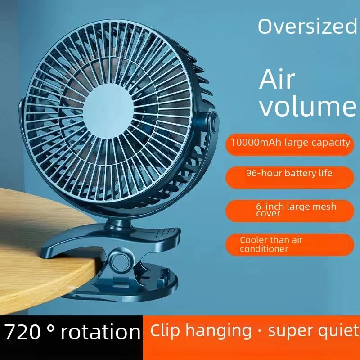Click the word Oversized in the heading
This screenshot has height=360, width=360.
click(307, 27)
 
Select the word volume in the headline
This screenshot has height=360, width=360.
click(308, 107)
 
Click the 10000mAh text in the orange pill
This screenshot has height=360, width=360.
click(256, 143)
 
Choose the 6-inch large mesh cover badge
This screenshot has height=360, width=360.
click(289, 210)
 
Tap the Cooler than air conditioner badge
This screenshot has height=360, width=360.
click(289, 244)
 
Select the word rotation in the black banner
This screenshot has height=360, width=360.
click(100, 332)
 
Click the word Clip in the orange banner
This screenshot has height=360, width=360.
click(165, 331)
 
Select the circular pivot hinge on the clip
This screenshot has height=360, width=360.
click(121, 261)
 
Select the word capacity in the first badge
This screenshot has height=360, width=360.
click(330, 143)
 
